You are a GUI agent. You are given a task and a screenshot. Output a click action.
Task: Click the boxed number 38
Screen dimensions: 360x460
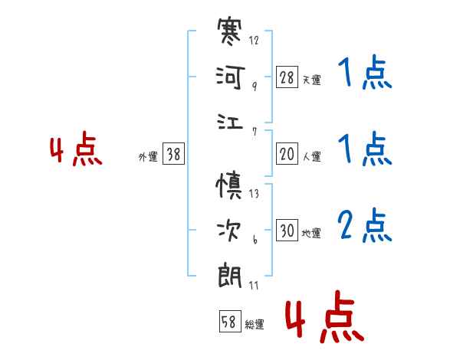click(x=173, y=154)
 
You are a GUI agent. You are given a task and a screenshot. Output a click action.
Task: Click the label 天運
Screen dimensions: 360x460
click(x=311, y=80)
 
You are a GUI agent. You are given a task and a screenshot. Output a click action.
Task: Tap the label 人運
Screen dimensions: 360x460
click(x=311, y=156)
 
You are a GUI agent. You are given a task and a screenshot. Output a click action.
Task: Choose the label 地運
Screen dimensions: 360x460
click(x=311, y=233)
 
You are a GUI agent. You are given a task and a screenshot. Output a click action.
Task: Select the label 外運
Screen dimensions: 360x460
click(x=147, y=156)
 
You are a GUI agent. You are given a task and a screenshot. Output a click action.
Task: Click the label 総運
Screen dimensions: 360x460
click(x=254, y=324)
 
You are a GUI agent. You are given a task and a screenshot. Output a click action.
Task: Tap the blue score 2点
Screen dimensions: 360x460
click(x=365, y=226)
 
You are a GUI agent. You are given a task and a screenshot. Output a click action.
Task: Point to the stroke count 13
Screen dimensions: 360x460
click(x=254, y=193)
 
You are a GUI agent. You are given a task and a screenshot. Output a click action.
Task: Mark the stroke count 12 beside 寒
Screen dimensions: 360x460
click(x=254, y=40)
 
